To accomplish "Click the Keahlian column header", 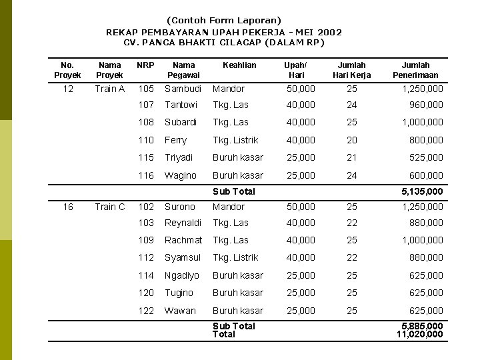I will click(x=239, y=65).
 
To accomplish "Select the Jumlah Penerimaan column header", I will click(x=415, y=70).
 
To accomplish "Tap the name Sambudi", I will click(x=183, y=89).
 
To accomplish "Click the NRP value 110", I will click(x=146, y=140).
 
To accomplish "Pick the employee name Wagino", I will click(x=181, y=175).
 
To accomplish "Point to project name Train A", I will click(x=110, y=89).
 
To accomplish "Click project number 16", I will click(x=68, y=207).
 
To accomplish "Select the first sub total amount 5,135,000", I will click(x=422, y=191).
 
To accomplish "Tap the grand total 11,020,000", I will click(x=419, y=334).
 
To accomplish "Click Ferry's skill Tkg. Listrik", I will click(x=235, y=140).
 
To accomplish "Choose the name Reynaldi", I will click(x=183, y=223).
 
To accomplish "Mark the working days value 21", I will click(x=352, y=157).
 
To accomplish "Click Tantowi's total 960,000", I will click(x=426, y=105).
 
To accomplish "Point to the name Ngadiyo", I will click(x=182, y=275).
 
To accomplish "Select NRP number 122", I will click(x=146, y=311).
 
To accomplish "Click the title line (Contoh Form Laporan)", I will click(x=224, y=21).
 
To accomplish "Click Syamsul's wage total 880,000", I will click(x=426, y=257).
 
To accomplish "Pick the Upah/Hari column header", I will click(x=295, y=70).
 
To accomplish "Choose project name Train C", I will click(x=110, y=207).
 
